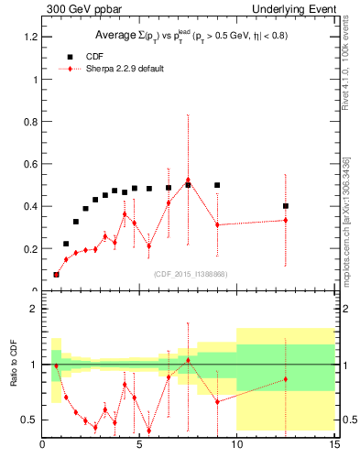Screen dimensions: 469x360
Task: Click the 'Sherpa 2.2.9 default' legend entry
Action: (118, 69)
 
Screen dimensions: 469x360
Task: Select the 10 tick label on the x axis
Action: (236, 445)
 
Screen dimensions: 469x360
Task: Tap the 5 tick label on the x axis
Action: (139, 445)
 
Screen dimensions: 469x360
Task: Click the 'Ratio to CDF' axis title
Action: (14, 376)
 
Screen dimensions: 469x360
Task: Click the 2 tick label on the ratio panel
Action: (34, 309)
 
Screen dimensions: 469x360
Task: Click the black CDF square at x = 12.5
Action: (286, 206)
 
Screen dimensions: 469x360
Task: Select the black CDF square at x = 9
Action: (217, 185)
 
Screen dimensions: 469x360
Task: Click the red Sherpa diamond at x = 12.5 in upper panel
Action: (286, 220)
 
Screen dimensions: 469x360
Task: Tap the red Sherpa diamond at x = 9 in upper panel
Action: (217, 224)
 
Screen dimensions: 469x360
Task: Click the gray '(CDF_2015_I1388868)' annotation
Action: (190, 274)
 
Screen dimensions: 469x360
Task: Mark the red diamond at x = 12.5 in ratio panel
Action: (286, 379)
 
